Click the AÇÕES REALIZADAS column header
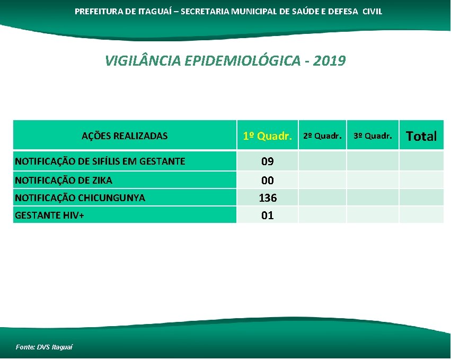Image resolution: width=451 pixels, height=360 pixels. click(125, 136)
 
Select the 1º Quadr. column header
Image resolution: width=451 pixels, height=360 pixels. click(267, 136)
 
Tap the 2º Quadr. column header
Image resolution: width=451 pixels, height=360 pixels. click(322, 136)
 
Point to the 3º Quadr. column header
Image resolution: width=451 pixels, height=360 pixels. click(373, 136)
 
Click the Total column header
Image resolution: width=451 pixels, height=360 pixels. click(421, 136)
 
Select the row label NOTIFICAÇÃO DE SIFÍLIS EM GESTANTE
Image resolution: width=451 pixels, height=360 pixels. click(100, 161)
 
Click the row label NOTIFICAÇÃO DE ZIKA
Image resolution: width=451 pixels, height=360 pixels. click(64, 181)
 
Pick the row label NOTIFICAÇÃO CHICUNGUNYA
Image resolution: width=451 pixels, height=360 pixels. click(80, 198)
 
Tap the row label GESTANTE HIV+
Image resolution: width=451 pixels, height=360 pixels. click(50, 215)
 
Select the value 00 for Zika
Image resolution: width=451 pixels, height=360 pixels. click(267, 181)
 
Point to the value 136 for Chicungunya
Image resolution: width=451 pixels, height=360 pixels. click(267, 198)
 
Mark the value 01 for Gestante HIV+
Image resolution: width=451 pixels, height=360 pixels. click(267, 215)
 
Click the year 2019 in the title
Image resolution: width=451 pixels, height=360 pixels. click(329, 61)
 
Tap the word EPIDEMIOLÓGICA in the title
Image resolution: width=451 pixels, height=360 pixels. click(243, 61)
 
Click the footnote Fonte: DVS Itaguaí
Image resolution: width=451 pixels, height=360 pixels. click(44, 347)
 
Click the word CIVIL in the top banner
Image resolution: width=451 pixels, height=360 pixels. click(372, 11)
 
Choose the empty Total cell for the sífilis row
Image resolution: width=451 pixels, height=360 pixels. click(421, 161)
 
